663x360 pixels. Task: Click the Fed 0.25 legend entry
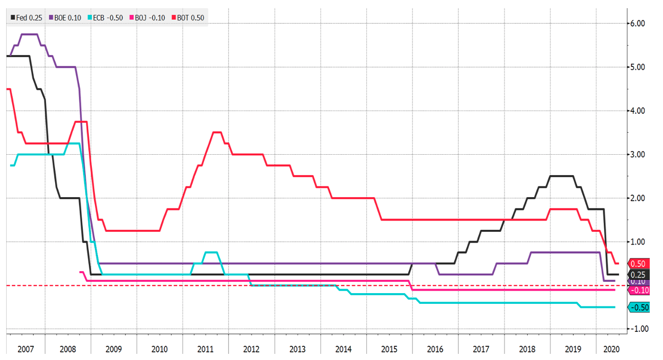(x=27, y=17)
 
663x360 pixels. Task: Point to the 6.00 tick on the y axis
(x=639, y=23)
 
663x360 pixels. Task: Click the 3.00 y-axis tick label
(x=639, y=154)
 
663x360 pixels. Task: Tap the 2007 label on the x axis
(x=26, y=349)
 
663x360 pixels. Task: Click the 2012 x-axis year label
(x=252, y=349)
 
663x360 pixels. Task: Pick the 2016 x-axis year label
(x=435, y=349)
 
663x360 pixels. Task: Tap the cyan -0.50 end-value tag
(x=639, y=307)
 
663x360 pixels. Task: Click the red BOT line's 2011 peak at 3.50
(x=217, y=132)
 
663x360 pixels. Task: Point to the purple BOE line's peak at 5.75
(x=29, y=34)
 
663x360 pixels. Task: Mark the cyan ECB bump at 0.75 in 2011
(x=211, y=252)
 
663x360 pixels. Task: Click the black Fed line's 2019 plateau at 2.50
(x=561, y=176)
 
